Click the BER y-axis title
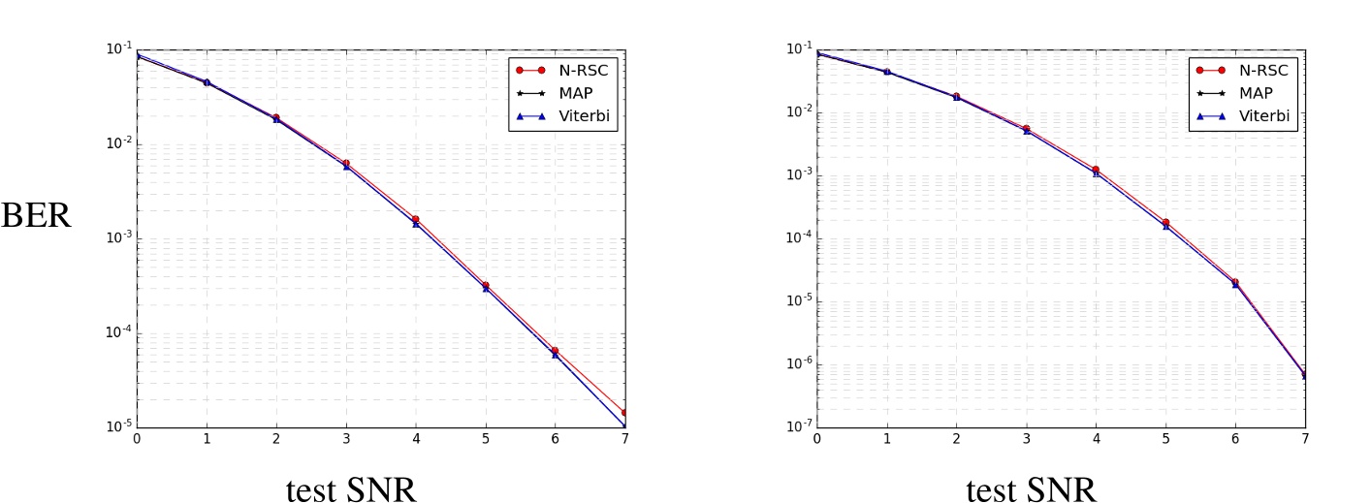(x=36, y=214)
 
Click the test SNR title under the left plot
(x=351, y=489)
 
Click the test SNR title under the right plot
(x=1032, y=489)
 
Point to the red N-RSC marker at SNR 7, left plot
(x=624, y=413)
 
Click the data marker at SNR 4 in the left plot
(x=416, y=221)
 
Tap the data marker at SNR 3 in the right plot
(x=1026, y=129)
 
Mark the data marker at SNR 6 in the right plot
(x=1235, y=283)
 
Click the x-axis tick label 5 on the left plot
(x=485, y=438)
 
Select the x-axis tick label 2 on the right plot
(x=956, y=438)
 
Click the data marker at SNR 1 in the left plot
(x=207, y=82)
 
